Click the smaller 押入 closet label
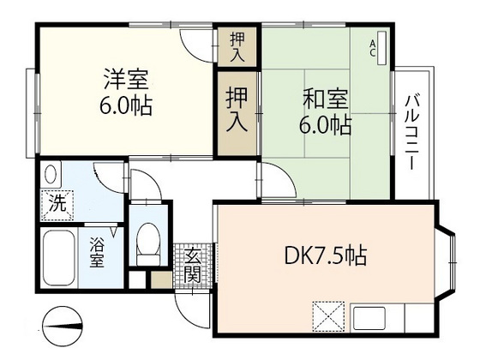click(236, 45)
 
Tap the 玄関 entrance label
click(191, 263)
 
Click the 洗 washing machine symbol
click(56, 205)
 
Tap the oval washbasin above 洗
click(51, 175)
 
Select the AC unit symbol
click(381, 48)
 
